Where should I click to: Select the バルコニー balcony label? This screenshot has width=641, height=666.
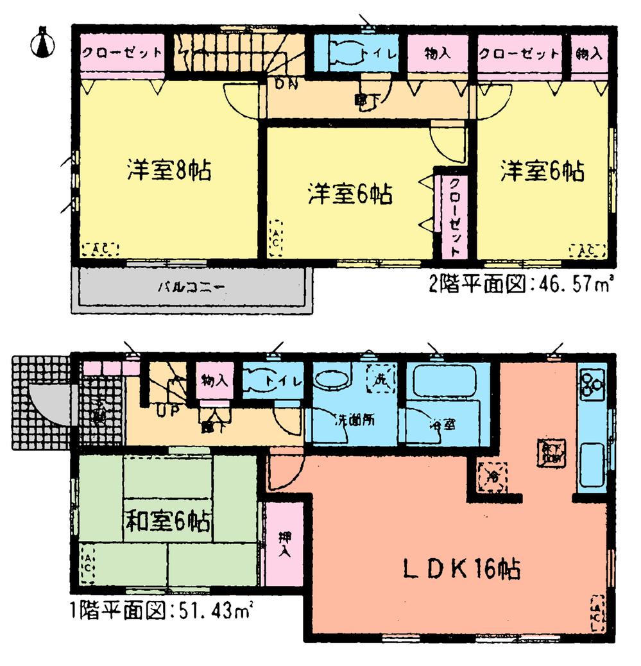(x=191, y=286)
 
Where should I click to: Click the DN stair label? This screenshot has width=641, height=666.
(x=286, y=83)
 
